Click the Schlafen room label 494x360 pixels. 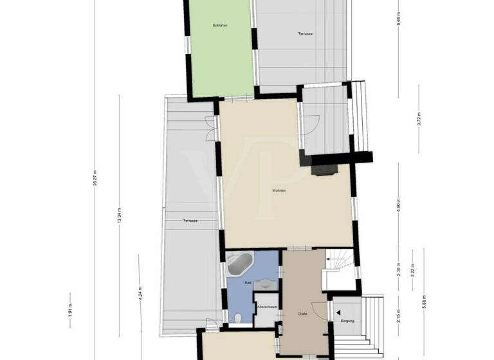[x=221, y=25]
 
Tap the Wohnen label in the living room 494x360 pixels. [x=279, y=191]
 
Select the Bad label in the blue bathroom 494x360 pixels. [x=248, y=283]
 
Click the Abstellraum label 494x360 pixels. [x=266, y=307]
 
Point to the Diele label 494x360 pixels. [x=302, y=314]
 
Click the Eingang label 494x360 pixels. [x=347, y=321]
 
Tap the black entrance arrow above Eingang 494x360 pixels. [x=337, y=312]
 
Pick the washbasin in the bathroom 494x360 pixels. [x=268, y=281]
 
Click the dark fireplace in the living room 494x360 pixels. [x=324, y=169]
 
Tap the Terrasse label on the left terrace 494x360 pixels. [x=190, y=221]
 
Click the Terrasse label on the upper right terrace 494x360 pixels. [x=305, y=33]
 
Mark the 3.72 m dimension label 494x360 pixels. [x=419, y=120]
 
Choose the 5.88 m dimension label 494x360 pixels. [x=423, y=303]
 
